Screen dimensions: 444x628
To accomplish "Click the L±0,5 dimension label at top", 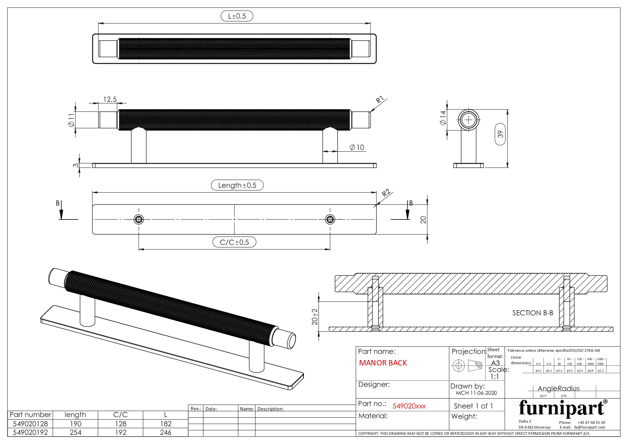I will [x=237, y=16].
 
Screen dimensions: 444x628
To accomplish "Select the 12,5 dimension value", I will [x=110, y=99].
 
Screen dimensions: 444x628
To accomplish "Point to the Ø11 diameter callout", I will [x=71, y=120].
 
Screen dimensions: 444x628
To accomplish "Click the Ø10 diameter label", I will [x=357, y=147].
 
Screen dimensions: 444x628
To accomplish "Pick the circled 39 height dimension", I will [x=500, y=134].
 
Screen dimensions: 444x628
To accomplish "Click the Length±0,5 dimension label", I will [x=237, y=185].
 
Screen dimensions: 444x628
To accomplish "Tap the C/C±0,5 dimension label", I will [x=234, y=242].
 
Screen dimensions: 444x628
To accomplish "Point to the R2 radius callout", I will [x=386, y=193].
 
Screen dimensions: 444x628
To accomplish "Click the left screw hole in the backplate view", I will [x=139, y=219].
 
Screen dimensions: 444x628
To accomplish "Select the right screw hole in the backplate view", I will [x=330, y=219].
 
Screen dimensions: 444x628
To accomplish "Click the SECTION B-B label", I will [x=532, y=313].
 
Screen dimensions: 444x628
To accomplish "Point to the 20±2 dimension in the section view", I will [x=315, y=316].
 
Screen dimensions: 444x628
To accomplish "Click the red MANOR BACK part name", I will [x=383, y=363].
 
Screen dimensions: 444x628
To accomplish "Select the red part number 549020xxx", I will [x=409, y=406].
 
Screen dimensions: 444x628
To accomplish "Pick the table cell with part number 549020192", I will [x=30, y=432].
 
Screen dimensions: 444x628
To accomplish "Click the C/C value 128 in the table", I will [x=120, y=424].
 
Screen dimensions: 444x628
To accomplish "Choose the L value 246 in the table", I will [x=166, y=432].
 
